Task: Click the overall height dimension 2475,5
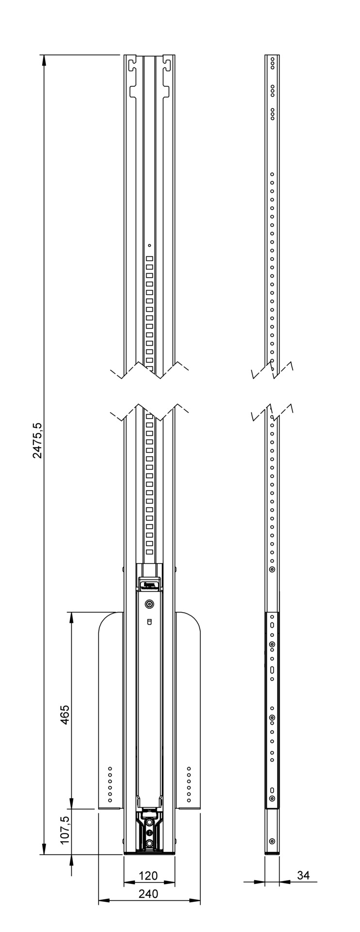(x=37, y=440)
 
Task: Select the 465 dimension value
(x=65, y=715)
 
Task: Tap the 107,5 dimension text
(x=65, y=830)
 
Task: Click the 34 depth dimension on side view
(x=303, y=875)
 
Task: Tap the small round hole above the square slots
(x=149, y=246)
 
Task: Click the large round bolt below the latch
(x=149, y=604)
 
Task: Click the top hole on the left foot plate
(x=110, y=768)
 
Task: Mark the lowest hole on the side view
(x=272, y=840)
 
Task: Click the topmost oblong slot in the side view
(x=272, y=624)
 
